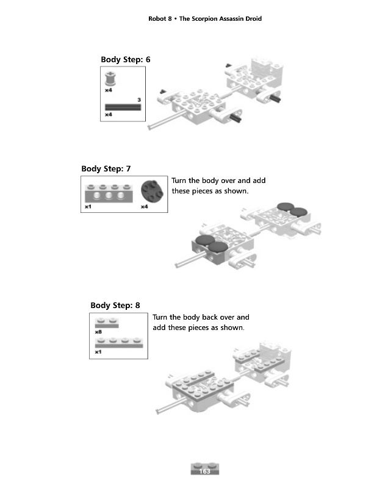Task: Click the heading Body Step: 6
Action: point(125,59)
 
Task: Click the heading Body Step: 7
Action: point(106,168)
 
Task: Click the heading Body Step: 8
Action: point(115,305)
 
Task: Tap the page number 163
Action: point(205,471)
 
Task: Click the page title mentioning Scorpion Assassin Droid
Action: point(205,19)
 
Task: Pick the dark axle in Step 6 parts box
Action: point(123,107)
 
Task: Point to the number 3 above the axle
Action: point(139,99)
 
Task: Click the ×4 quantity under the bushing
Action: point(108,90)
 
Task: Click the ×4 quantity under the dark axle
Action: point(108,114)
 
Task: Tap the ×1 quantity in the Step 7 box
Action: point(88,207)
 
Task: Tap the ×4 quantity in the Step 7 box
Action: point(145,207)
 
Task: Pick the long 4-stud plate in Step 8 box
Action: point(119,342)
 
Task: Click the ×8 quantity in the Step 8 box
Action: point(98,331)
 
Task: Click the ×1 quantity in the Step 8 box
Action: point(98,352)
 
